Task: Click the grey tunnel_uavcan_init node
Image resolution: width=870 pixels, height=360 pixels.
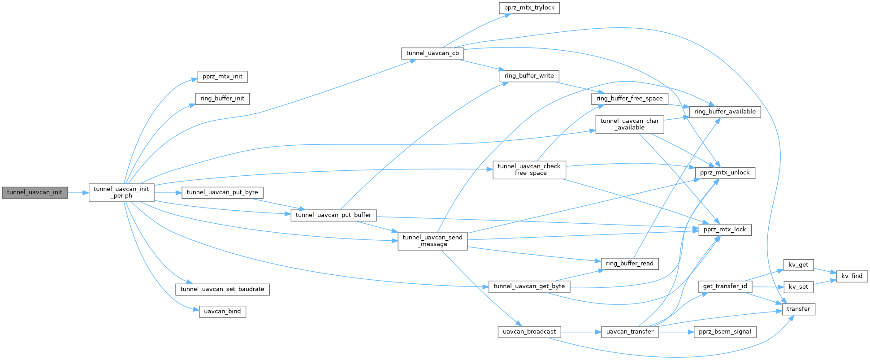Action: click(35, 193)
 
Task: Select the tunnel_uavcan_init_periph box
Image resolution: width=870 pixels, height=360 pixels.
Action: click(121, 192)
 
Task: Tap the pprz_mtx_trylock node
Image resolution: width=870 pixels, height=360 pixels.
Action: click(529, 8)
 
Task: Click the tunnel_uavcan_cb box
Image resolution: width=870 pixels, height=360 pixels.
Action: click(432, 53)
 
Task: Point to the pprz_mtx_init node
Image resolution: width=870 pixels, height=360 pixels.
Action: click(222, 77)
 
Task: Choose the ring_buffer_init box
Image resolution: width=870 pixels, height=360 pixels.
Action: click(222, 99)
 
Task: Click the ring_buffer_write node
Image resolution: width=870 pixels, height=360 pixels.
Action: click(529, 76)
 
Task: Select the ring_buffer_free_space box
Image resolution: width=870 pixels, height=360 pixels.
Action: click(629, 99)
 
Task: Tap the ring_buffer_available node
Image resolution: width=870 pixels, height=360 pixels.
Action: click(724, 112)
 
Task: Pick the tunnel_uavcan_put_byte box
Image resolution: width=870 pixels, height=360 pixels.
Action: click(222, 192)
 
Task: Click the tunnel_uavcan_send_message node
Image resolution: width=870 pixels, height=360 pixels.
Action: click(433, 241)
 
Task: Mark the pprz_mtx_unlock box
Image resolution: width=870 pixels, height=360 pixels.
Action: click(724, 173)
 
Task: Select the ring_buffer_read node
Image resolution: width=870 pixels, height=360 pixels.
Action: click(629, 264)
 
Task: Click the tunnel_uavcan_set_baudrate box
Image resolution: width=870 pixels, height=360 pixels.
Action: click(222, 289)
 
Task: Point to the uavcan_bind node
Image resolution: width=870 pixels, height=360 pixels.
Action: click(222, 312)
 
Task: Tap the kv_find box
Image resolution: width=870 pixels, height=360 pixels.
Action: click(852, 276)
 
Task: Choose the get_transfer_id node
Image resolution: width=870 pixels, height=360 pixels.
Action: click(725, 286)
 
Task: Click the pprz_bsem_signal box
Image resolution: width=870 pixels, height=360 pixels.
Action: click(725, 332)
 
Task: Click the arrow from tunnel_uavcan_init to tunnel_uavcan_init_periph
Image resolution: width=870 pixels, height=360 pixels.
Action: click(78, 193)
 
